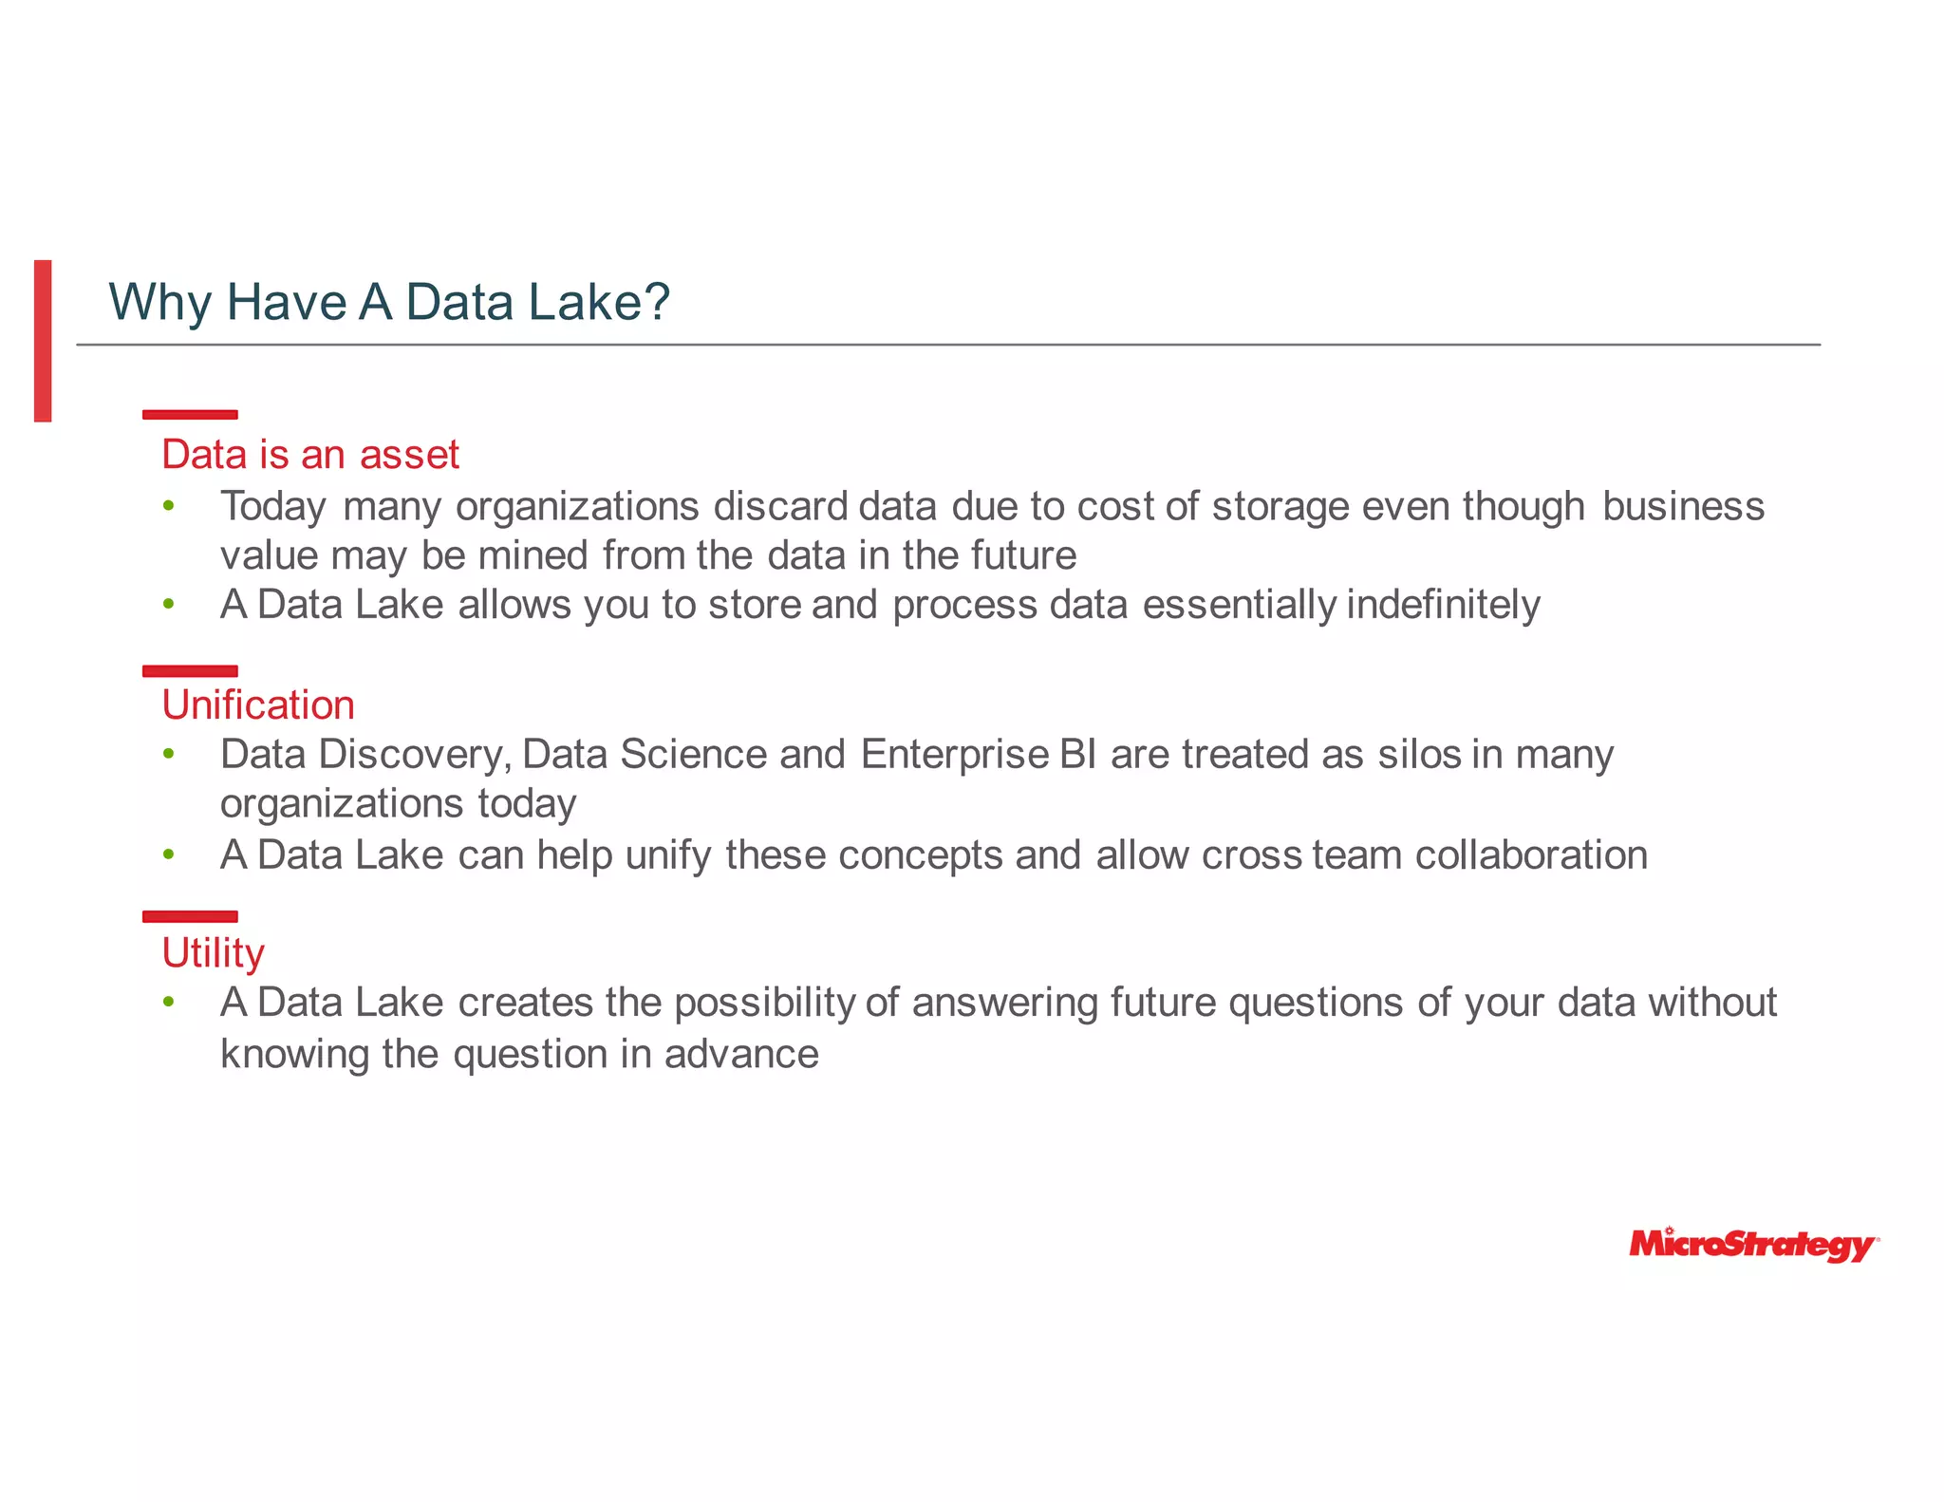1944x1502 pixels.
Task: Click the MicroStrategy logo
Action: click(1752, 1245)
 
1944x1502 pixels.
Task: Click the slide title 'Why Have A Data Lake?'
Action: click(389, 302)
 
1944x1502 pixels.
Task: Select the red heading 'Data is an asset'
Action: click(310, 455)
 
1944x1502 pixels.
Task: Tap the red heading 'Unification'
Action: click(258, 705)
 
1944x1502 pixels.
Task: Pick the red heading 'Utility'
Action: click(213, 953)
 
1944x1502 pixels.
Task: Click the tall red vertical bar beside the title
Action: click(43, 340)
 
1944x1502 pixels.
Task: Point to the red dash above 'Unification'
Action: click(190, 671)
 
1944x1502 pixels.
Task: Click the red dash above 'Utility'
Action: click(190, 916)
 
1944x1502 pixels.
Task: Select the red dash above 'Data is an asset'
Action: click(190, 414)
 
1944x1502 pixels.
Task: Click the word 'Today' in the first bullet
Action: click(273, 507)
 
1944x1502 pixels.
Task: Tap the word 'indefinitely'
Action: click(1443, 605)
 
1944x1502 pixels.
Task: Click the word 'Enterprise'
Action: click(955, 755)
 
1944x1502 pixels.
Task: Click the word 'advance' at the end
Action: click(740, 1055)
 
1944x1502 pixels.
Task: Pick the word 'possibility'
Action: click(765, 1004)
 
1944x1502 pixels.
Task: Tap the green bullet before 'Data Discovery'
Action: click(169, 755)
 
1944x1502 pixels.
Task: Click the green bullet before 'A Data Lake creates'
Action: click(169, 1003)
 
